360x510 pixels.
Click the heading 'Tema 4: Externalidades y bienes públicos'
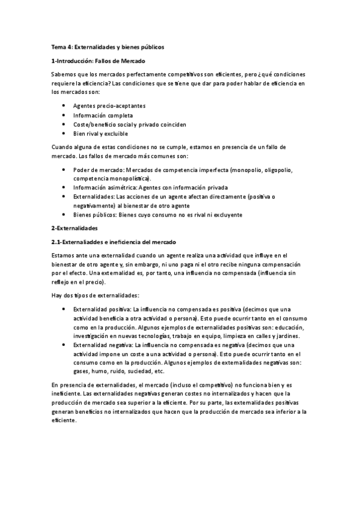point(108,46)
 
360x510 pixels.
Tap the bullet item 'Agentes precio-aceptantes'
point(109,106)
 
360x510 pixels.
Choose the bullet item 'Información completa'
point(103,115)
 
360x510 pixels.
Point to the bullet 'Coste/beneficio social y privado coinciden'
point(129,124)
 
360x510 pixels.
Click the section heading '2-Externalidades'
point(75,229)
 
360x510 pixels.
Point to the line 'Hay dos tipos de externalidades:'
point(96,295)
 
